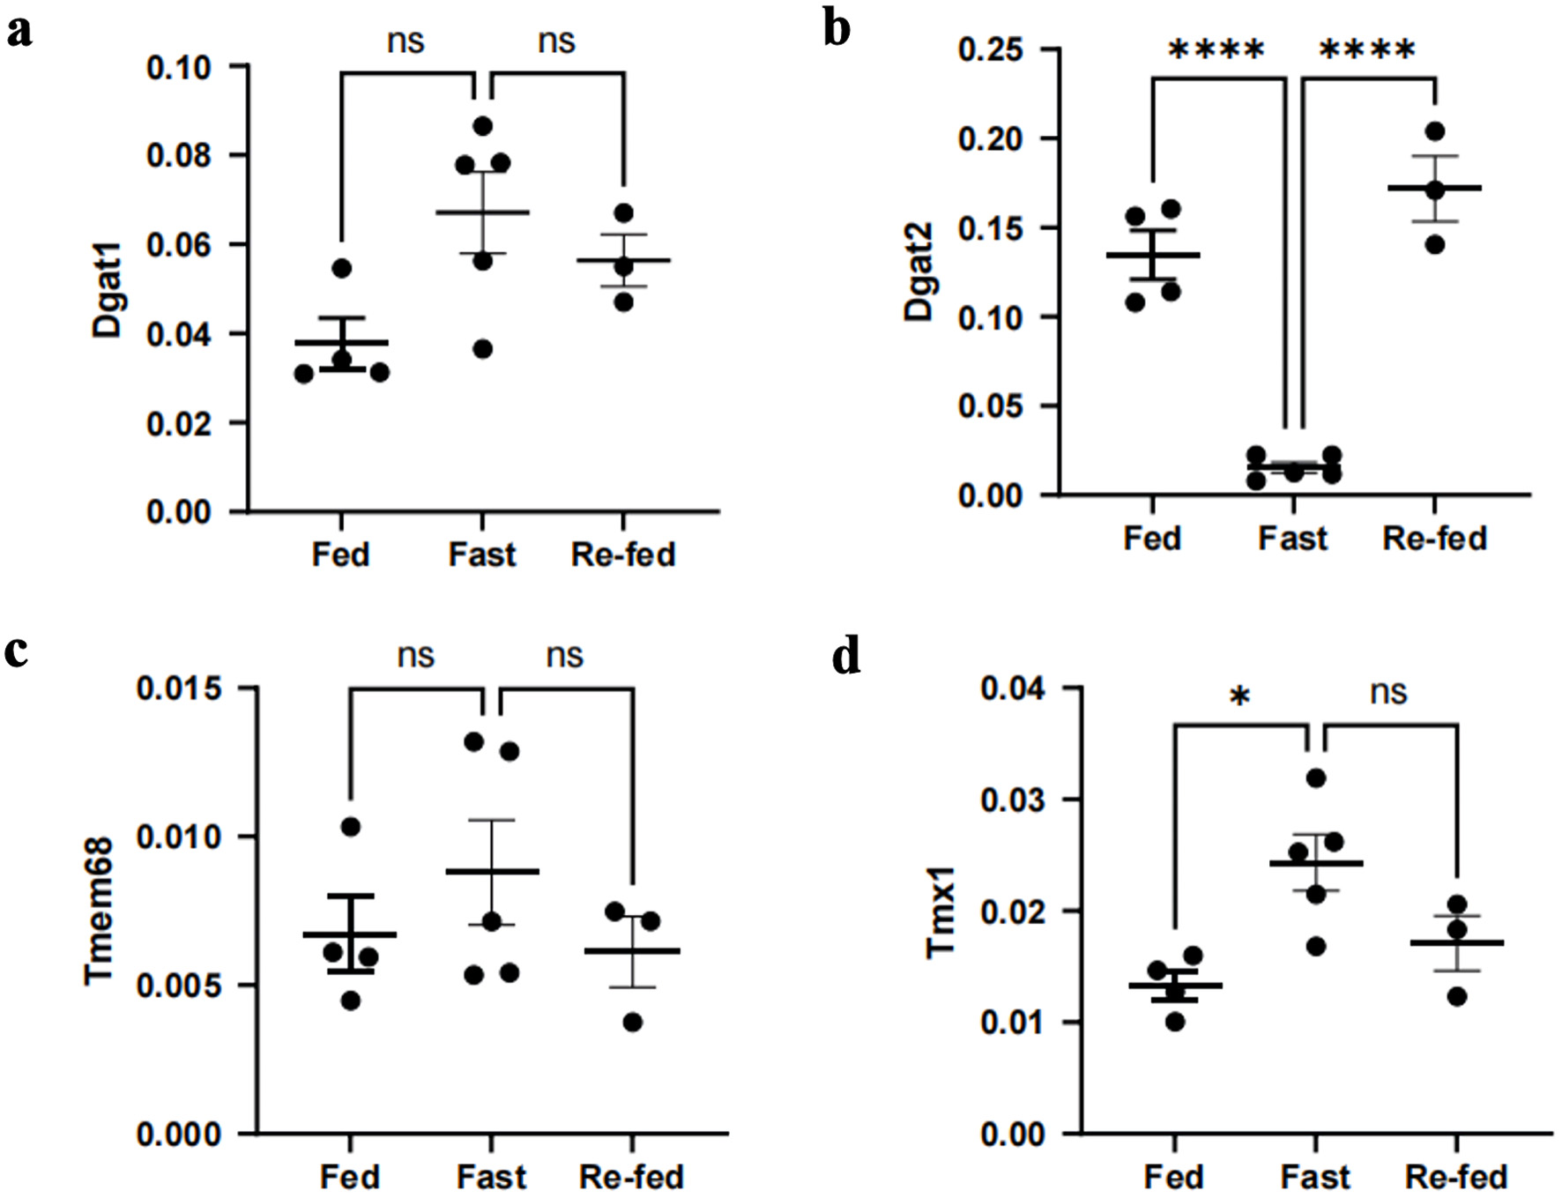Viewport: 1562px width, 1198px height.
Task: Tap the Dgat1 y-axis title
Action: (x=108, y=290)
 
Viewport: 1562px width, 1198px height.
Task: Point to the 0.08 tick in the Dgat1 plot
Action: (x=180, y=156)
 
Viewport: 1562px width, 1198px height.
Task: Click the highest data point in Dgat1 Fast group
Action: (x=482, y=126)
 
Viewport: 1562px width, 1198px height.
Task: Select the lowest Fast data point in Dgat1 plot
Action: (x=482, y=349)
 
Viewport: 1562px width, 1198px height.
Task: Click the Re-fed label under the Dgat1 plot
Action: (x=622, y=554)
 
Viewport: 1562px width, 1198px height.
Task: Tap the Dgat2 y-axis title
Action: (x=920, y=272)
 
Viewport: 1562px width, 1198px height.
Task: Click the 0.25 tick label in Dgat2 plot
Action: (x=992, y=49)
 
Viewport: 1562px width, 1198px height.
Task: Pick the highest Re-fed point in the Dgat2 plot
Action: (x=1435, y=131)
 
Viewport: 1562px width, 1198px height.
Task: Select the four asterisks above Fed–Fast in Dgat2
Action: (x=1216, y=50)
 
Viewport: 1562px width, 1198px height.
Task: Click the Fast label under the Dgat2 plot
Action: (x=1292, y=538)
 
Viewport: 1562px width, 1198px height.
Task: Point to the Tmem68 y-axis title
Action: (x=99, y=910)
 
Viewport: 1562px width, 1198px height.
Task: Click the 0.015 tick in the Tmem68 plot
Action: (x=180, y=688)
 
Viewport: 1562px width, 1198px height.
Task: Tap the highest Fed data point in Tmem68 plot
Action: (x=351, y=827)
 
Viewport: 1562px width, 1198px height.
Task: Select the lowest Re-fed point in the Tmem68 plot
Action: (x=633, y=1023)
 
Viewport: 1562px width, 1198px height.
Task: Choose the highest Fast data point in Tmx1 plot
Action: (x=1316, y=778)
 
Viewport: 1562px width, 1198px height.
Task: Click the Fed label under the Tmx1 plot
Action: (x=1173, y=1177)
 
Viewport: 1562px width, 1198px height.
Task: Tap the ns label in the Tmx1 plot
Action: (x=1388, y=692)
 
